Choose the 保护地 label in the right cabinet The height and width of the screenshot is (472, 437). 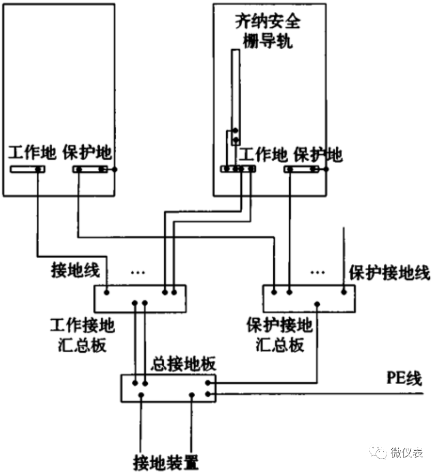[318, 154]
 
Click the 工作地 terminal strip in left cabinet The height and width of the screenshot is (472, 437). [27, 169]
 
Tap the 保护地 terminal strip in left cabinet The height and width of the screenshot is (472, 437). [90, 169]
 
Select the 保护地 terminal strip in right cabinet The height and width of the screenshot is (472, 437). [302, 169]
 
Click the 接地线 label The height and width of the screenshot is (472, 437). [75, 270]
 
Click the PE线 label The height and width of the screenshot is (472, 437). [404, 379]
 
